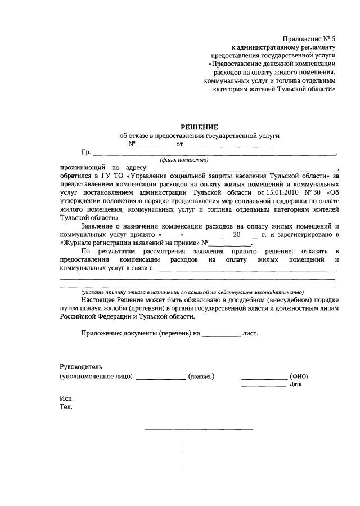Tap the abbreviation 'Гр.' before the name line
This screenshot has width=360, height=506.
click(86, 153)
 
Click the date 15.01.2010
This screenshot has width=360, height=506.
click(274, 192)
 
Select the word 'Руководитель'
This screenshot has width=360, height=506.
click(81, 366)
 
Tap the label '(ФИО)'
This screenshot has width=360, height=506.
click(299, 377)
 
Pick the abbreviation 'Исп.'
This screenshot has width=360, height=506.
click(66, 398)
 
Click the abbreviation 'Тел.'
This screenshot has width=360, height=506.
click(66, 406)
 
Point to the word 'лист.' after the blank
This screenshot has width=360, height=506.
click(250, 333)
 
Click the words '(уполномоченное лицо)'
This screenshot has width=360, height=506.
click(96, 377)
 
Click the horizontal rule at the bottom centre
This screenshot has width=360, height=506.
click(199, 429)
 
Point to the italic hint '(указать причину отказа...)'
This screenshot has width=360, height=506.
click(192, 292)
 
